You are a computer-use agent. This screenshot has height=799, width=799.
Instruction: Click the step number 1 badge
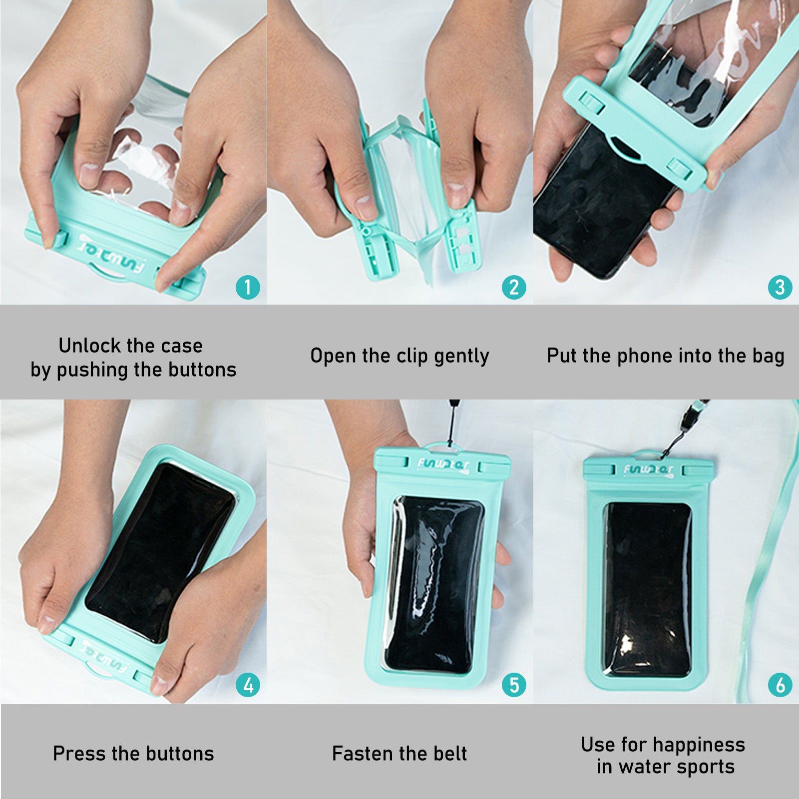click(x=248, y=287)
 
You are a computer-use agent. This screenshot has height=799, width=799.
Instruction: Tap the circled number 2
click(x=514, y=287)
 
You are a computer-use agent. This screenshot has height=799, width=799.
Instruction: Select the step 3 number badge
click(x=780, y=287)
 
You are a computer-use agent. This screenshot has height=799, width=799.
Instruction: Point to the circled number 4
click(x=248, y=685)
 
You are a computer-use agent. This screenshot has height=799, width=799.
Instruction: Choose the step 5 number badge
click(x=514, y=685)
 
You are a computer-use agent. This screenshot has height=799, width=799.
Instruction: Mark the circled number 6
click(x=780, y=685)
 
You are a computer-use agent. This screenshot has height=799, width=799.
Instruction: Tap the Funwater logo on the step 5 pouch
click(x=443, y=465)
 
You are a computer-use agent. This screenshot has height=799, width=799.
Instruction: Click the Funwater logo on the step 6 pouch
click(x=648, y=470)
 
